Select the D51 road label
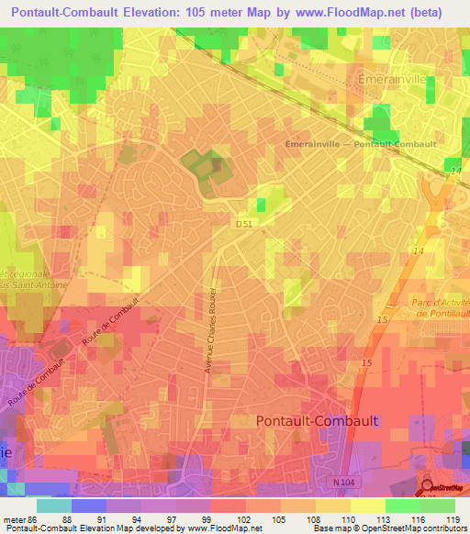tap(243, 223)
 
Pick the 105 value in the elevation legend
tap(290, 519)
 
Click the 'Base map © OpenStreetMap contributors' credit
tap(389, 528)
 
